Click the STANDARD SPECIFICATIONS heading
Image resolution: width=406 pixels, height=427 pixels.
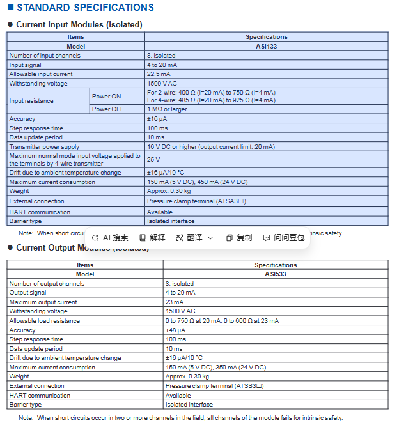tap(84, 8)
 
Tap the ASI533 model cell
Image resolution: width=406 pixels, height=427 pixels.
tap(275, 274)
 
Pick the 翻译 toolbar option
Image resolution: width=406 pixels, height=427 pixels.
tap(194, 237)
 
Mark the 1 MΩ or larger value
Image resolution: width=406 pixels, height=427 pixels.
tap(167, 109)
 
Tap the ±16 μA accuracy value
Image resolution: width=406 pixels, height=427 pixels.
tap(157, 119)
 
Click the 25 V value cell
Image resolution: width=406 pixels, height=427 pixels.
tap(153, 159)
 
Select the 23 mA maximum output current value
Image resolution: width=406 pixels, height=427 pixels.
tap(175, 302)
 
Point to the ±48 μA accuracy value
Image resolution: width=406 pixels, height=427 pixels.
tap(175, 330)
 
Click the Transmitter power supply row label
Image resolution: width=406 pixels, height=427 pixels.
tap(44, 146)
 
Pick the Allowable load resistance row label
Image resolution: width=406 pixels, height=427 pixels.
tap(44, 320)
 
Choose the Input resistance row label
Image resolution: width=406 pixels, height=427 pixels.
tap(31, 100)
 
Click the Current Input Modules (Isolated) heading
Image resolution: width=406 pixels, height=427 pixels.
tap(79, 24)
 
